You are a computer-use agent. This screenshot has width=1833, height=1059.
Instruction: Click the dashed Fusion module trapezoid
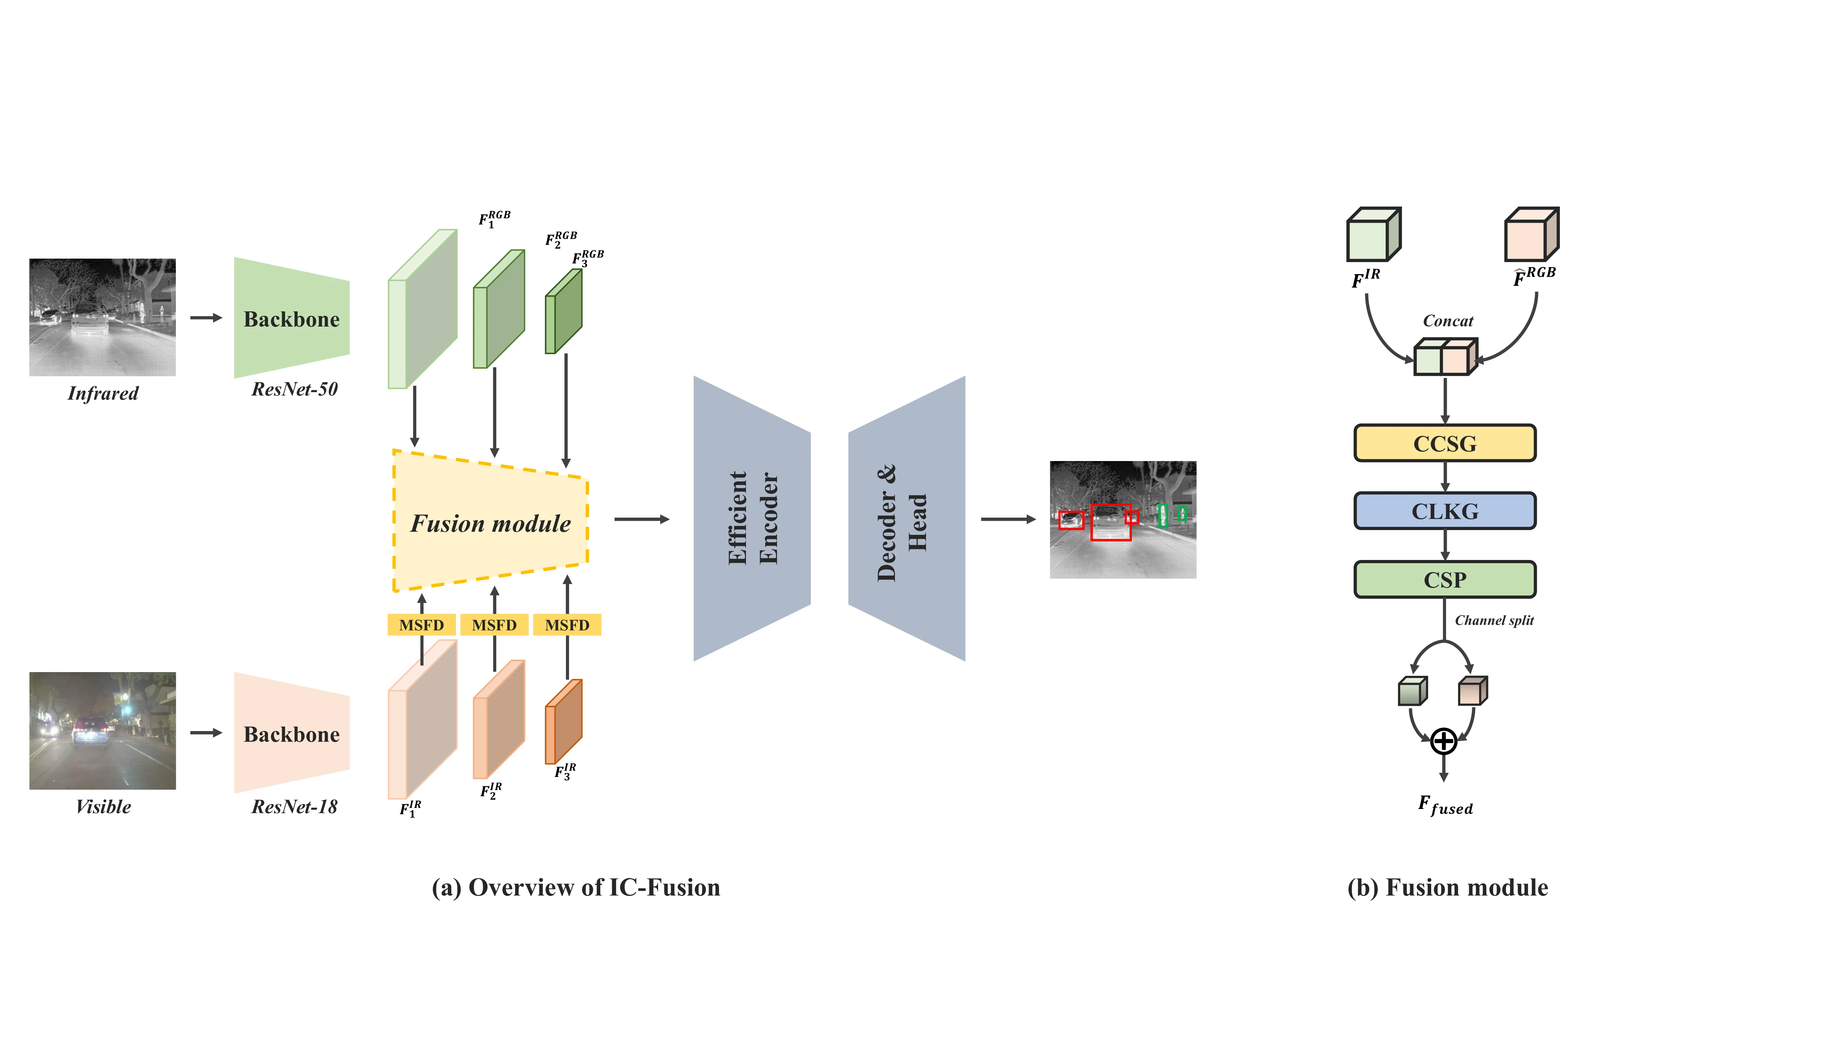[x=490, y=522]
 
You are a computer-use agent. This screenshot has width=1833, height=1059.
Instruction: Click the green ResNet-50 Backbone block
[x=291, y=319]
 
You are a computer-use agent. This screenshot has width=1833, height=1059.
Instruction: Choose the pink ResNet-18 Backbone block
[x=291, y=733]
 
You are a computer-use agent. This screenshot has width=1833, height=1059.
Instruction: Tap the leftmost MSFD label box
[x=421, y=625]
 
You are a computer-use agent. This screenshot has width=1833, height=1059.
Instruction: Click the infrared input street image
[x=102, y=317]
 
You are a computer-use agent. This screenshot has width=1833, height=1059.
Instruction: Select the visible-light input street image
[x=102, y=730]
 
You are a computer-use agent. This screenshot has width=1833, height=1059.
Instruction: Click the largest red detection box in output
[x=1111, y=522]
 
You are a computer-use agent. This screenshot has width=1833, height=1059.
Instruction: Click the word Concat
[x=1447, y=321]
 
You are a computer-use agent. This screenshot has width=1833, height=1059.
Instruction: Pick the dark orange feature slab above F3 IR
[x=565, y=721]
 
